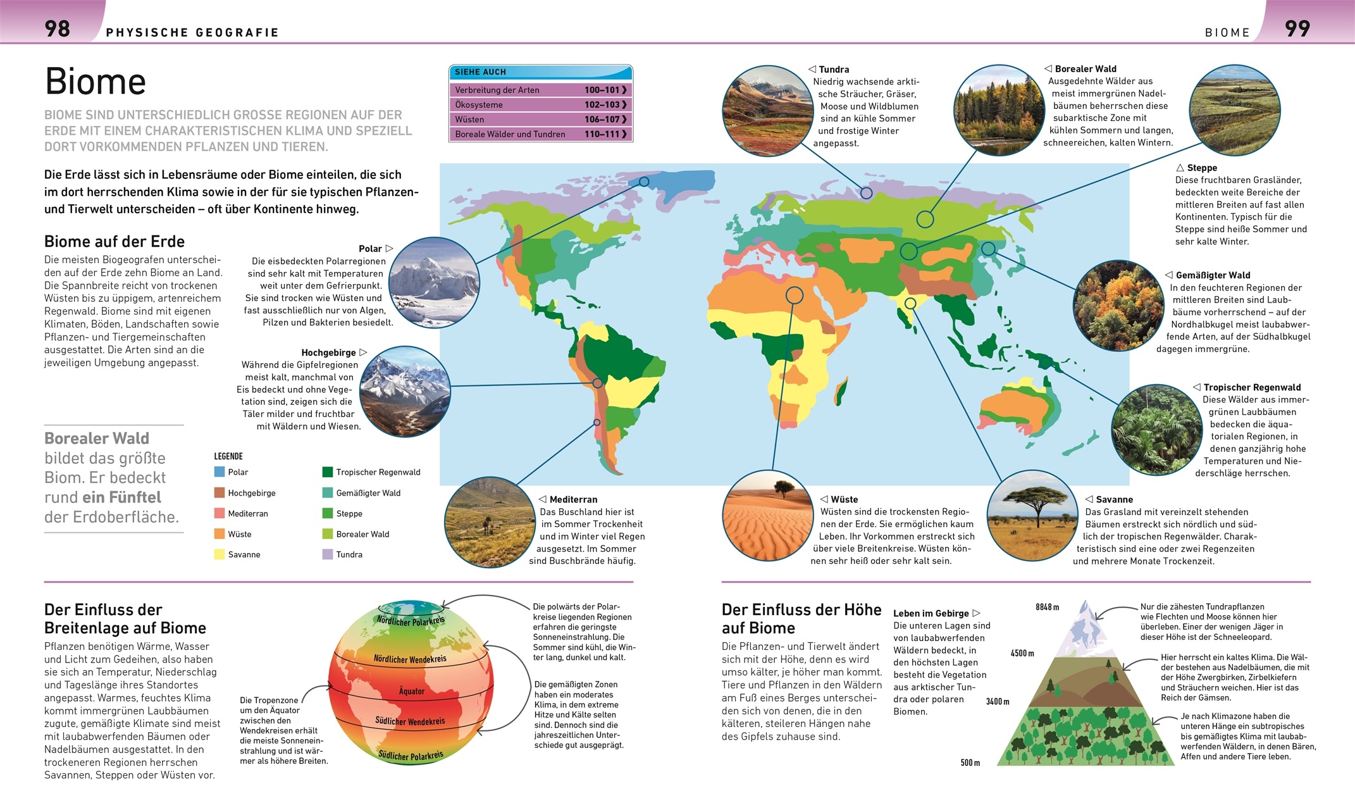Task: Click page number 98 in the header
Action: point(57,28)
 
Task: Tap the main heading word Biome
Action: point(96,82)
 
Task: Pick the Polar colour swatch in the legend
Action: point(220,472)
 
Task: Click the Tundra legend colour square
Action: point(328,554)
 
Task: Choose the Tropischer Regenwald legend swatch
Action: point(328,472)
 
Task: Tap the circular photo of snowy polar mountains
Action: point(434,282)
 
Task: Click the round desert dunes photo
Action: point(767,515)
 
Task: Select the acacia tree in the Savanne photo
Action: point(1034,504)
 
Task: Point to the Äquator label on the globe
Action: point(411,691)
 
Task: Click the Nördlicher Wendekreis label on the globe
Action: point(410,659)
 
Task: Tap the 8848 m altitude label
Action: point(1047,607)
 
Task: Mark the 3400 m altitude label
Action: point(998,702)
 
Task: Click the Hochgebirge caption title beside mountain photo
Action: point(328,352)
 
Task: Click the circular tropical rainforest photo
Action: point(1156,430)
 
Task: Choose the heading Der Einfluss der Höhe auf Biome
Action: point(801,619)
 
